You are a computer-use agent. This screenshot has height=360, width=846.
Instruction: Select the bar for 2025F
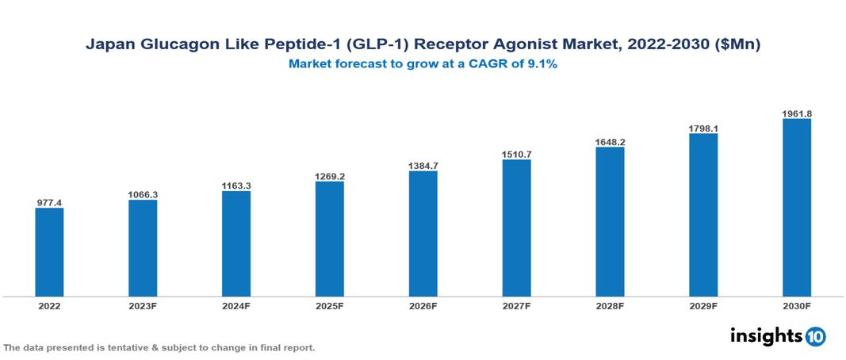[x=330, y=239]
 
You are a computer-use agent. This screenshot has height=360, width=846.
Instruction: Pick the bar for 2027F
[x=516, y=228]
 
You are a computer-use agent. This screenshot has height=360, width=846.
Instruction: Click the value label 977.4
[x=49, y=203]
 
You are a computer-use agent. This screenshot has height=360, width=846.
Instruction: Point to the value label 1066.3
[x=143, y=194]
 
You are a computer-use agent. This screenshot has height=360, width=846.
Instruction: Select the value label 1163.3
[x=236, y=186]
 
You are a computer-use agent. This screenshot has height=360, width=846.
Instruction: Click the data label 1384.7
[x=423, y=166]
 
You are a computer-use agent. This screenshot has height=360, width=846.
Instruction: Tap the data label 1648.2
[x=610, y=142]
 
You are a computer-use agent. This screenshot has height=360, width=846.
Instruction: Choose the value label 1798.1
[x=703, y=128]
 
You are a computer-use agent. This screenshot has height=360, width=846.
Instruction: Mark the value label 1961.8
[x=797, y=113]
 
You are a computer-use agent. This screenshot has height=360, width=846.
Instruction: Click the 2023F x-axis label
[x=143, y=305]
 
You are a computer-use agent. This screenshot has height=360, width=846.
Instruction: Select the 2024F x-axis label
[x=236, y=305]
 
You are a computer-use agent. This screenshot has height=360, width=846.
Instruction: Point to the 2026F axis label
[x=423, y=305]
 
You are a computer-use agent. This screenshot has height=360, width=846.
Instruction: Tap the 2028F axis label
[x=610, y=305]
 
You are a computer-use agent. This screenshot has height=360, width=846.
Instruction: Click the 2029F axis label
[x=703, y=305]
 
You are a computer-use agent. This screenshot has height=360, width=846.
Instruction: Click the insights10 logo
[x=777, y=335]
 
